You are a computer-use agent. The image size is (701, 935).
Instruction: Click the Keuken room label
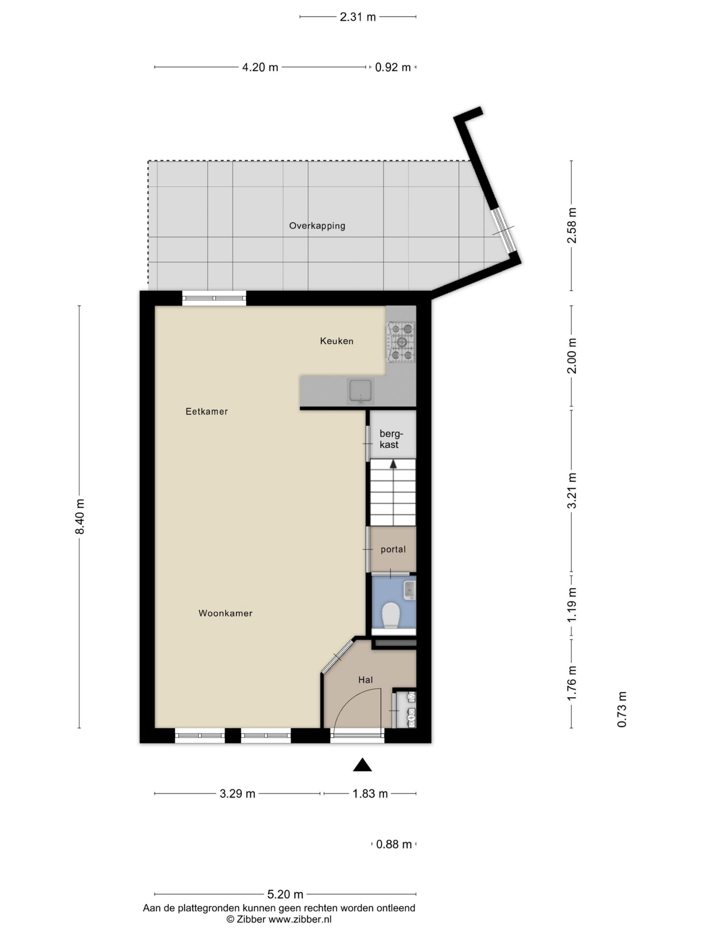click(x=336, y=341)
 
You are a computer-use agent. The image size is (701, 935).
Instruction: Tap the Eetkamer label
click(x=207, y=411)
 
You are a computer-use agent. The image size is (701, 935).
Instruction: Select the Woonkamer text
click(x=225, y=613)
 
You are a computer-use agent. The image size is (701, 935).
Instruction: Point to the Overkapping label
click(x=317, y=226)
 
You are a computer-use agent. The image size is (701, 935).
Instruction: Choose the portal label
click(x=393, y=550)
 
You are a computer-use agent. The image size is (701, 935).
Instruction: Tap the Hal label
click(x=365, y=680)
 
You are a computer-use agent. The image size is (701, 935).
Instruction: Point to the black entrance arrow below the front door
click(x=362, y=765)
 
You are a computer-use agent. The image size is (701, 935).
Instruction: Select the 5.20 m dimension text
click(x=285, y=894)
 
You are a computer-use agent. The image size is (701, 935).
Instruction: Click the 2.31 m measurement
click(x=357, y=17)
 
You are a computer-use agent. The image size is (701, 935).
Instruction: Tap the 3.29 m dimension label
click(x=237, y=793)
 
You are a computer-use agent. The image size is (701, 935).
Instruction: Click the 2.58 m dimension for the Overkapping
click(x=572, y=226)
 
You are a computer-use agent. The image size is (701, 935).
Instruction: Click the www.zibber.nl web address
click(x=300, y=919)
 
